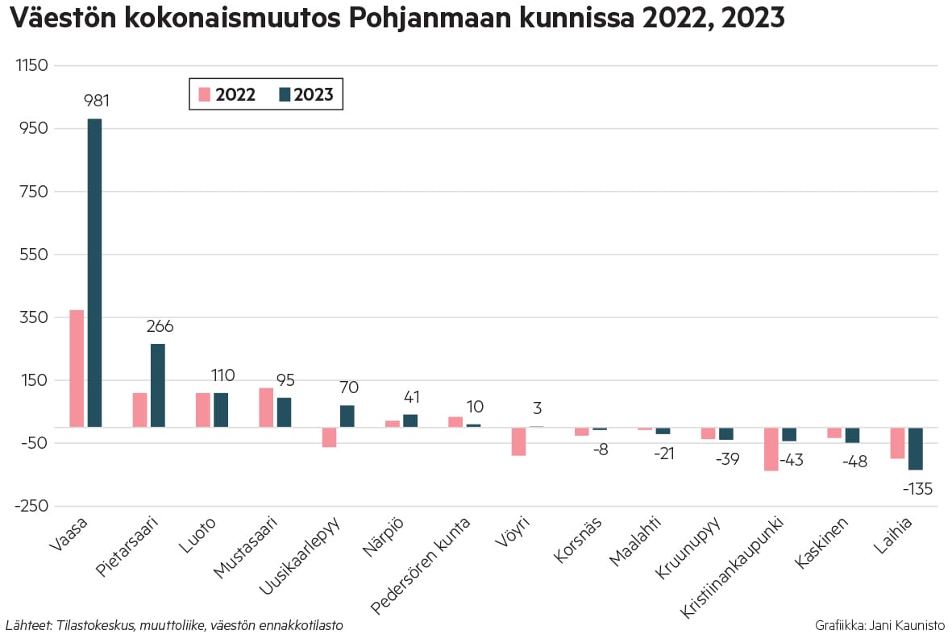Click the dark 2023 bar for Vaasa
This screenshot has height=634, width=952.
94,272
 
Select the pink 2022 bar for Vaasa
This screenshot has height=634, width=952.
77,368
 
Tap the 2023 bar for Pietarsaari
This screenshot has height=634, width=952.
157,385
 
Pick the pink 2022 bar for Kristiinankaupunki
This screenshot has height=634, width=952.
771,449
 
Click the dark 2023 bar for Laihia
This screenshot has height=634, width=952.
915,449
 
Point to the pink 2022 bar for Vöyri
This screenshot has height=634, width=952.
518,441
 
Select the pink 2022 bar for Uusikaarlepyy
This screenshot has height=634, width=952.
329,437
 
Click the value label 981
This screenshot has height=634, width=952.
97,102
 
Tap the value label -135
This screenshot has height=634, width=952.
917,489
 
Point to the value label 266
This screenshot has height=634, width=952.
160,326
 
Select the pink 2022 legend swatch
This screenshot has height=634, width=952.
204,94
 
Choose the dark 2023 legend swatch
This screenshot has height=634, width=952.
284,94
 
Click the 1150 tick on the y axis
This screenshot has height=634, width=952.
33,65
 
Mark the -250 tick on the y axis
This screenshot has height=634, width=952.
31,506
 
